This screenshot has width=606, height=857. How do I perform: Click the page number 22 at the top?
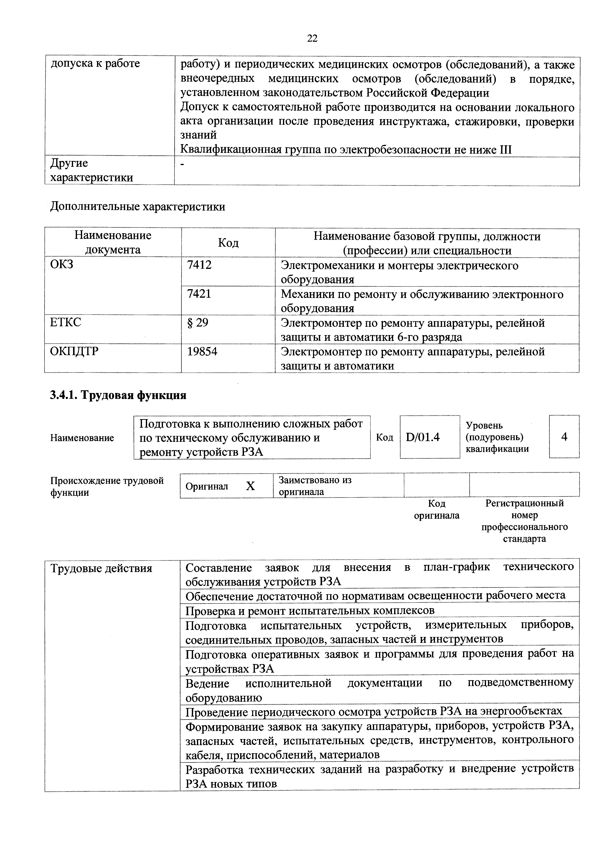click(312, 38)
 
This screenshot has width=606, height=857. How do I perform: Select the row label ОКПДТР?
click(74, 352)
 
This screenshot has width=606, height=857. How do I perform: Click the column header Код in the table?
click(228, 243)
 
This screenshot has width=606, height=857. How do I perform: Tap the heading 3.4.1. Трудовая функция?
click(118, 395)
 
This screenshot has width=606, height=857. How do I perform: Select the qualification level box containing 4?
click(564, 437)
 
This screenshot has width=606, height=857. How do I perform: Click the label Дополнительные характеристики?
click(138, 206)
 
